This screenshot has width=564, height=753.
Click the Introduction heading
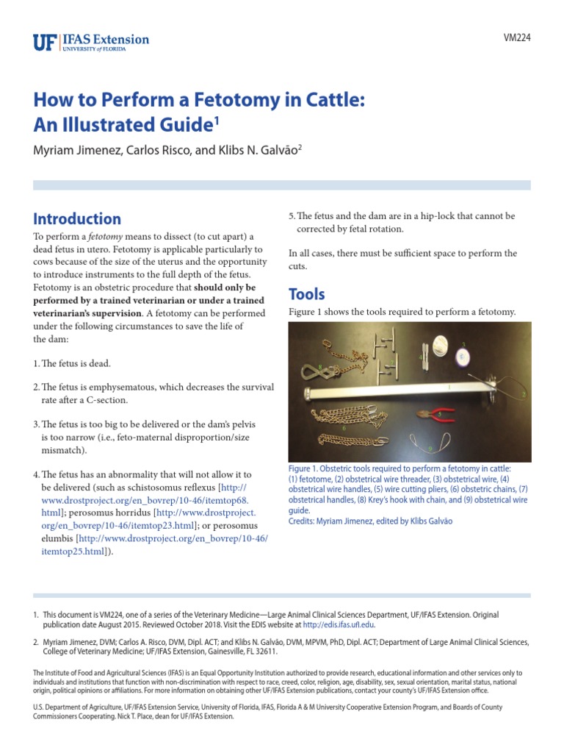click(x=77, y=218)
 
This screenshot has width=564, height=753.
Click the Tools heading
click(x=306, y=294)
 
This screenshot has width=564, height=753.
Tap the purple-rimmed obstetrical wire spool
click(x=463, y=357)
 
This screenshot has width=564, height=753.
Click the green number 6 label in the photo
click(x=344, y=427)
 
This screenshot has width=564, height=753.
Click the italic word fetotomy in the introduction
click(x=104, y=236)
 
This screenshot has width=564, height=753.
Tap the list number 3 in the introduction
click(x=36, y=424)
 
